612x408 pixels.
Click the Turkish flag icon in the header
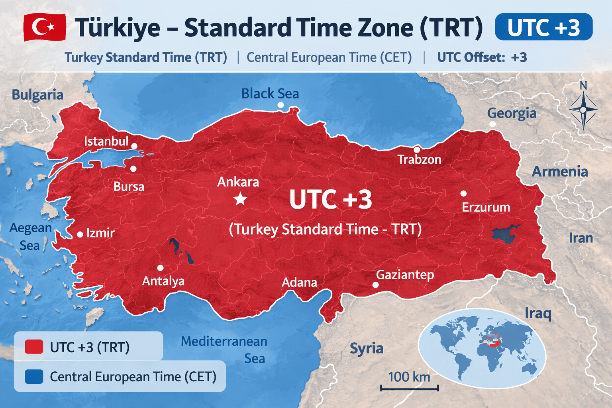(45, 27)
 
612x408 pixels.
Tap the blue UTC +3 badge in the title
(543, 27)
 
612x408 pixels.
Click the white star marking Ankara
(240, 198)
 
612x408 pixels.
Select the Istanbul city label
(106, 141)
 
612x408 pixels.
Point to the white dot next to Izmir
(80, 234)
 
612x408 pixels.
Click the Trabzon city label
(419, 160)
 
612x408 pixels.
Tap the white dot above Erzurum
(463, 193)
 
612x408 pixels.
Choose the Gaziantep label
(405, 275)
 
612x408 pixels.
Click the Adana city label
(299, 282)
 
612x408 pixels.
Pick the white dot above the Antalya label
(160, 268)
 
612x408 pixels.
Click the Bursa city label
(129, 186)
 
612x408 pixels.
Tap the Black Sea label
(270, 94)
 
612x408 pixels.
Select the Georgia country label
(512, 113)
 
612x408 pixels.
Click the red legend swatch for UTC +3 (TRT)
(34, 347)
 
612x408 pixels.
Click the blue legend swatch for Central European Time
(34, 376)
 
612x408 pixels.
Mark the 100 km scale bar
(409, 387)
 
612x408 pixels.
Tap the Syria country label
(366, 348)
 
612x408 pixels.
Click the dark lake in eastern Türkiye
(504, 234)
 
